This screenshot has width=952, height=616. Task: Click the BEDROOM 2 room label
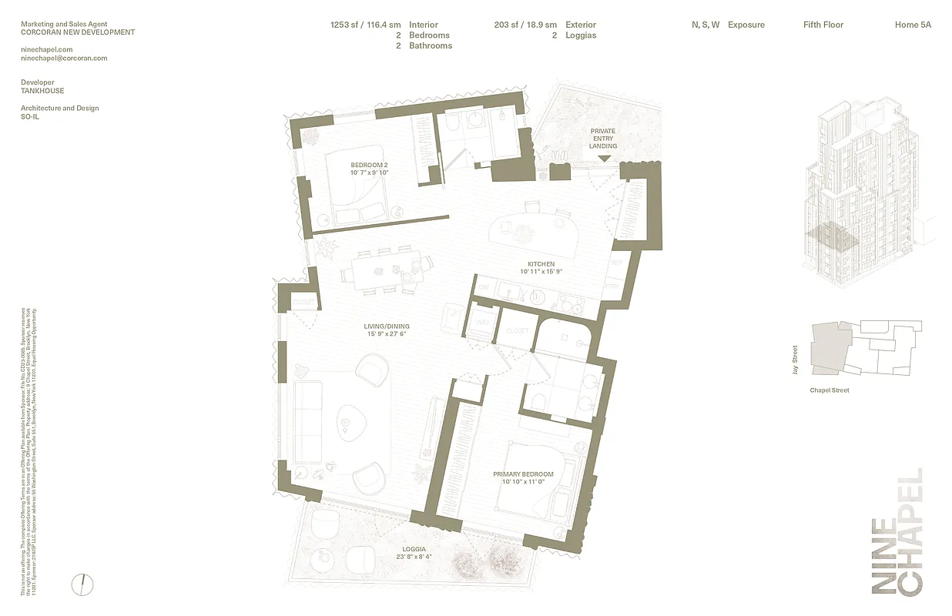click(x=369, y=165)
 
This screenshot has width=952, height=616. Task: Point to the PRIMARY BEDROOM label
click(x=523, y=474)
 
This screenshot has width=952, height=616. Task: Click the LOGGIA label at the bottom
click(x=413, y=549)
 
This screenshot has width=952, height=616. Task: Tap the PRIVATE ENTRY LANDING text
click(x=603, y=139)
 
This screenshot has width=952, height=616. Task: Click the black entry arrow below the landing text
click(x=604, y=159)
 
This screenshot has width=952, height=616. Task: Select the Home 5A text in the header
click(x=913, y=25)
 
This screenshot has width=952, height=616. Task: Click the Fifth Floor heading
click(x=823, y=25)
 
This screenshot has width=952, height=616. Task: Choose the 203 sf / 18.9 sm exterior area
click(x=525, y=25)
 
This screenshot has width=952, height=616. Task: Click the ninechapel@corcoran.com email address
click(x=64, y=58)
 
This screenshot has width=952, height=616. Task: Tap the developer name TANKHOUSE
click(x=42, y=91)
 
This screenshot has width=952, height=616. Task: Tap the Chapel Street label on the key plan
click(x=830, y=390)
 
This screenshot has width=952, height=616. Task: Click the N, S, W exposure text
click(x=706, y=25)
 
